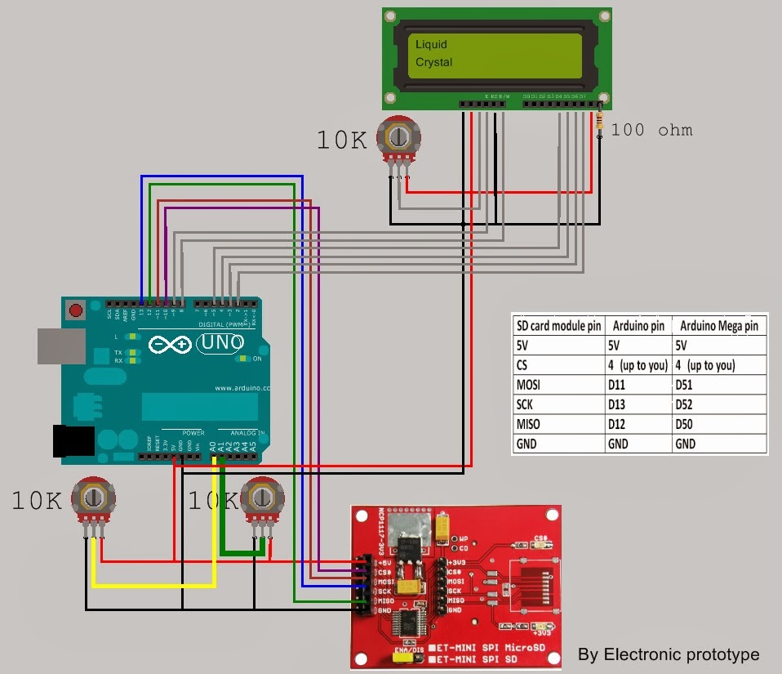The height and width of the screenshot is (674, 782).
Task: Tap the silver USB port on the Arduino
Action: tap(60, 346)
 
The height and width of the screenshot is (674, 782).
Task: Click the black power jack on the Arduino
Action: tap(69, 441)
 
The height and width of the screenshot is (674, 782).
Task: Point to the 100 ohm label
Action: tap(651, 129)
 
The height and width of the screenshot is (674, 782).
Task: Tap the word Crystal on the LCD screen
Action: tap(433, 62)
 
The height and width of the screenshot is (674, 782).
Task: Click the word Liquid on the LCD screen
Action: tap(431, 44)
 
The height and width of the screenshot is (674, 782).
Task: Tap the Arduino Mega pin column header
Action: tap(718, 325)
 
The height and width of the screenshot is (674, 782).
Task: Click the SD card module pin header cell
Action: tap(558, 325)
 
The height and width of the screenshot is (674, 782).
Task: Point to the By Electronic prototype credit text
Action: tap(668, 654)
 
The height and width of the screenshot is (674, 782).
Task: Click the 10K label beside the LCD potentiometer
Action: tap(343, 141)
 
